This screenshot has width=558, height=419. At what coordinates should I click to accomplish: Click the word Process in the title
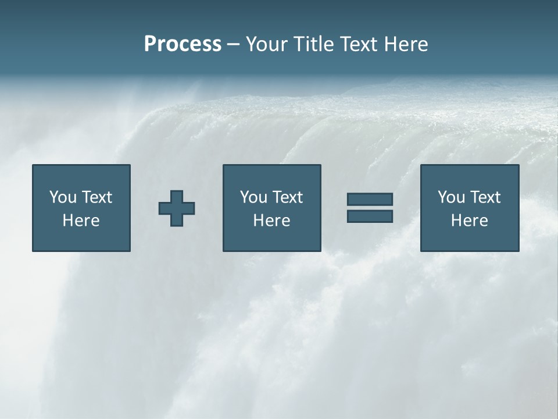click(183, 44)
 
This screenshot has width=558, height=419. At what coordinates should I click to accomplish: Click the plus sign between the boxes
click(177, 208)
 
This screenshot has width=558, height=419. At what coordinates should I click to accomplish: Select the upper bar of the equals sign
click(370, 200)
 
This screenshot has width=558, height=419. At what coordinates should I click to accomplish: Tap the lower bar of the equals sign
click(370, 216)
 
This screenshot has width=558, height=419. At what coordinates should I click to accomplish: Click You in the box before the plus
click(63, 197)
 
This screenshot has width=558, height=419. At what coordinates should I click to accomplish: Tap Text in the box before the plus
click(96, 197)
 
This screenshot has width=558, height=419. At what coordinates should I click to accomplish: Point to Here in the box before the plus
click(81, 221)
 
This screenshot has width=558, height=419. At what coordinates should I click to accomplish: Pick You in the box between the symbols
click(253, 197)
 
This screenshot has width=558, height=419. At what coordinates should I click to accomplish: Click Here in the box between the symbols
click(271, 221)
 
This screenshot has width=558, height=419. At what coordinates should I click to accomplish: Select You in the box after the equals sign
click(451, 197)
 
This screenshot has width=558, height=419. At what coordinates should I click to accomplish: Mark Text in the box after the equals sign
click(485, 197)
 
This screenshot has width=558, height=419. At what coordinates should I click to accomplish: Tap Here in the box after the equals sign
click(469, 221)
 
